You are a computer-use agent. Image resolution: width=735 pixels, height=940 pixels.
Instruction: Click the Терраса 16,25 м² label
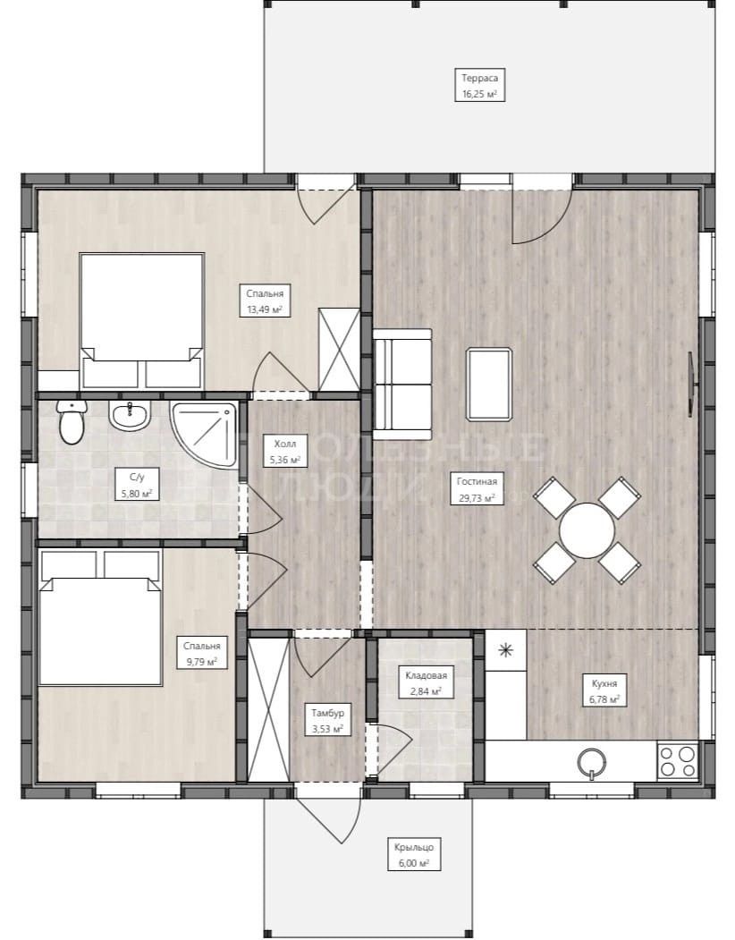coord(479,85)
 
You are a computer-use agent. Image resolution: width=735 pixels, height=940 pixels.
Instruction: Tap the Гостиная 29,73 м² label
coord(477,489)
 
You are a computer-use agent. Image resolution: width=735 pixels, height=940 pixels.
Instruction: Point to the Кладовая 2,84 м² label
coord(426,682)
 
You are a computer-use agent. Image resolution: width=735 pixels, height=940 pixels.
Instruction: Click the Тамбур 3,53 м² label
coord(327,721)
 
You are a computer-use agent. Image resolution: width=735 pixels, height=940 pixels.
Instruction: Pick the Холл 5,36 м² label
coord(284,452)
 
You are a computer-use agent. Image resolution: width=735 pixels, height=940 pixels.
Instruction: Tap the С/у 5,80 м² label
coord(137,485)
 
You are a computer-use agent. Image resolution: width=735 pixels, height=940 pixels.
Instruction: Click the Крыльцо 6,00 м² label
coord(414,855)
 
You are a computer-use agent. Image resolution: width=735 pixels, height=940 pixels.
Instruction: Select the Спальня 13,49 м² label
coord(265,301)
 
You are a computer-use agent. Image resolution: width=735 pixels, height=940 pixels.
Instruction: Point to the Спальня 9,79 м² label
coord(201,654)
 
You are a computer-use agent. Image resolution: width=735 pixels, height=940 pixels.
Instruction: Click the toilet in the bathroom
coord(72,422)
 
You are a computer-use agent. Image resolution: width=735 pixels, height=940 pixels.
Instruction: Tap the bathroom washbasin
coord(129,416)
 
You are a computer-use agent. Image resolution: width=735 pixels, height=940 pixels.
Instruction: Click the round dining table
coord(587,530)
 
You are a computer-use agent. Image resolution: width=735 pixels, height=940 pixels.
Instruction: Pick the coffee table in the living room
coord(489,385)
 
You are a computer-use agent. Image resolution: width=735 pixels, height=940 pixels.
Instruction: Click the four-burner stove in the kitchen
coord(678,760)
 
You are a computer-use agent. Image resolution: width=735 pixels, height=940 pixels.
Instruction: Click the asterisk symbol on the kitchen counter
coord(506,650)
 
